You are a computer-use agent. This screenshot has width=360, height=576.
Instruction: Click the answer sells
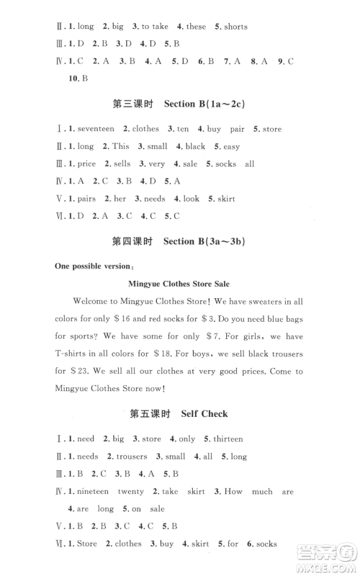click(x=122, y=164)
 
